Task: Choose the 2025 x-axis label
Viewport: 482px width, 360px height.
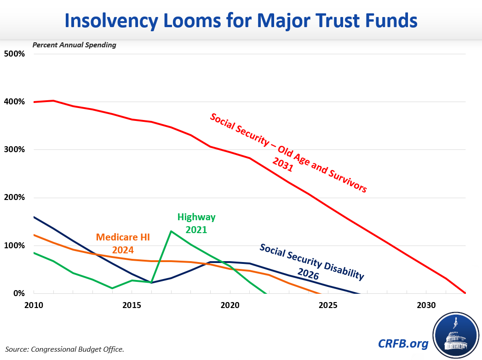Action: tap(328, 305)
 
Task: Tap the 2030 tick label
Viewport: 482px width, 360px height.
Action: tap(426, 305)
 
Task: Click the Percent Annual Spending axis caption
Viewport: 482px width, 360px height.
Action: tap(74, 45)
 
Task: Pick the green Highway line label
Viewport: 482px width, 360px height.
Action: tap(196, 217)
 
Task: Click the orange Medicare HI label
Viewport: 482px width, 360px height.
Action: tap(123, 238)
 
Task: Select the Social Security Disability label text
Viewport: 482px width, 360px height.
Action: tap(312, 262)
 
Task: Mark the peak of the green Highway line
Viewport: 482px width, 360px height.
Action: tap(171, 231)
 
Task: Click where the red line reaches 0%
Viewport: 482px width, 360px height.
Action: tap(465, 293)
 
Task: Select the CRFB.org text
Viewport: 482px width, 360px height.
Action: tap(404, 343)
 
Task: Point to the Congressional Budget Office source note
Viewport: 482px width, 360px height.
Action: tap(65, 349)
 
